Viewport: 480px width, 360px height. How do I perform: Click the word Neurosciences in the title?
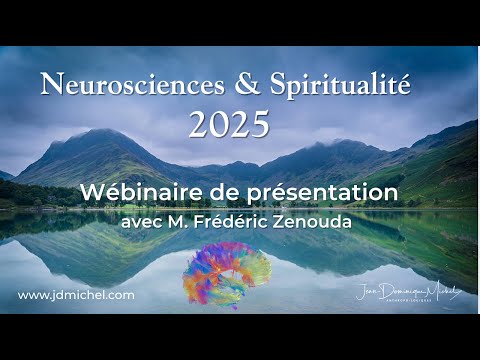109,84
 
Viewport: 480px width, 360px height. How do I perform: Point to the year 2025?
229,124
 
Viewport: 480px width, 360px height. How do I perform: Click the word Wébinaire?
148,191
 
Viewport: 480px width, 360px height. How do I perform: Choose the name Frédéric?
241,219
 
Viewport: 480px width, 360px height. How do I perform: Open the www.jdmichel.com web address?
76,295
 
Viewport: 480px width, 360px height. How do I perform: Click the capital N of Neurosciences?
49,84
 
